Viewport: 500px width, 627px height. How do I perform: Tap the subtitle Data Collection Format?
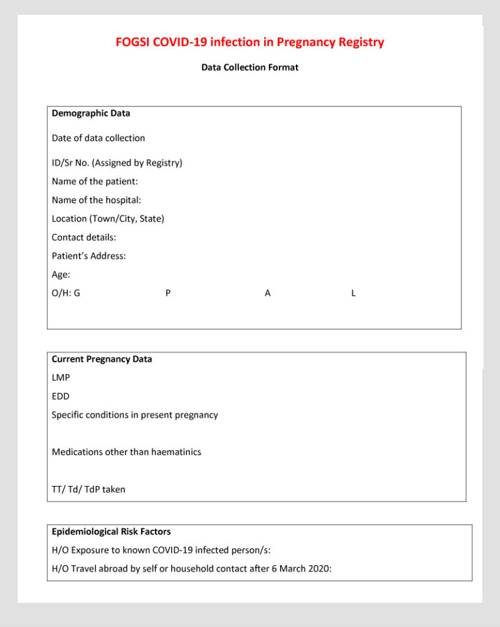[x=250, y=67]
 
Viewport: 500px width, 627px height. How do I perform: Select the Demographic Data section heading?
[x=91, y=113]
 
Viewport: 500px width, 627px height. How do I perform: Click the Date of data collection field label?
[x=98, y=138]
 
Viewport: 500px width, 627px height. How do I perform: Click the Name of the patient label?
[x=95, y=182]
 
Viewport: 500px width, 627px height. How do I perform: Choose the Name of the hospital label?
[x=97, y=200]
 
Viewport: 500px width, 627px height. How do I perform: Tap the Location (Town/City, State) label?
[x=108, y=219]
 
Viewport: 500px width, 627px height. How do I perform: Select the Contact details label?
[x=84, y=237]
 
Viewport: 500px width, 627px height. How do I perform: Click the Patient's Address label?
[x=89, y=256]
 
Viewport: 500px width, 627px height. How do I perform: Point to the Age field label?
[x=61, y=275]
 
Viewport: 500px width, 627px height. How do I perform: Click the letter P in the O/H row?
[x=168, y=293]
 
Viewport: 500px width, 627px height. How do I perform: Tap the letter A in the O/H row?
[x=268, y=293]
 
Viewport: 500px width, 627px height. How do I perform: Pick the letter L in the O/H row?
[x=354, y=293]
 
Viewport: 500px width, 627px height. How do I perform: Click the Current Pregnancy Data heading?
[x=102, y=359]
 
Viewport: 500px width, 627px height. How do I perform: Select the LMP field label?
[x=61, y=378]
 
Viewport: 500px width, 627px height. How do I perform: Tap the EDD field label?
[x=61, y=396]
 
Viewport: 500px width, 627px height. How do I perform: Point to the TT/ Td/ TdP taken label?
[x=88, y=489]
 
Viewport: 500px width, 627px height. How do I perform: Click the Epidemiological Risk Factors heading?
[x=111, y=531]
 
